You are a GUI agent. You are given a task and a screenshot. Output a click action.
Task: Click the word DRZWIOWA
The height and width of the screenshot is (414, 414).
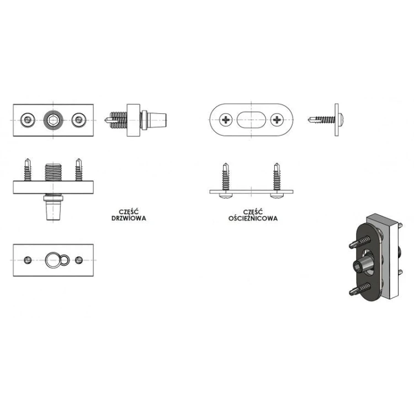[x=129, y=219]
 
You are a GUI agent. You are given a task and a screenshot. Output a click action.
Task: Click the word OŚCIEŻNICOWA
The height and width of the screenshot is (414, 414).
[x=253, y=219]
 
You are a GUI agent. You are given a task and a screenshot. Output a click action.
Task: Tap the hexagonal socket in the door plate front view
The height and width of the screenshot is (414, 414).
[x=53, y=120]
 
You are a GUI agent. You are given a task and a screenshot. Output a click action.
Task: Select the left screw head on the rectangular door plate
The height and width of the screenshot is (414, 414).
[x=28, y=120]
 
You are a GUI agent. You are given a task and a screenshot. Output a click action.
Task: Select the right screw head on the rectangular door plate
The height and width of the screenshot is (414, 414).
[x=79, y=120]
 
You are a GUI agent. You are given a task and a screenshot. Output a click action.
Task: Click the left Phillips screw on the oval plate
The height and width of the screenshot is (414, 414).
[x=226, y=120]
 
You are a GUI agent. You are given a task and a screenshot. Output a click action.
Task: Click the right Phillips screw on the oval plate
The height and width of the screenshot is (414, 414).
[x=277, y=120]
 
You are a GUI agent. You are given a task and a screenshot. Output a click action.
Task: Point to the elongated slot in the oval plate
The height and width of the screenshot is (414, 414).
[x=251, y=120]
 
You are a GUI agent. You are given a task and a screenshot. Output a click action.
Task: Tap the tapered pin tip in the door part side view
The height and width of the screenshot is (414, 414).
[x=157, y=120]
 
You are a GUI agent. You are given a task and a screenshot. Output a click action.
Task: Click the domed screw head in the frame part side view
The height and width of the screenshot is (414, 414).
[x=341, y=120]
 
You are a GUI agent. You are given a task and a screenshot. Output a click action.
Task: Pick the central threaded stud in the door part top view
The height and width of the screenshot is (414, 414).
[x=53, y=172]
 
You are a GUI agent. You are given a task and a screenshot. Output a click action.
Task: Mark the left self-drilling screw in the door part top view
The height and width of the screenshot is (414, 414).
[x=28, y=169]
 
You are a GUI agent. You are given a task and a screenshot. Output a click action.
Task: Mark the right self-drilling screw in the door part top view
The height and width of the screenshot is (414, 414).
[x=79, y=169]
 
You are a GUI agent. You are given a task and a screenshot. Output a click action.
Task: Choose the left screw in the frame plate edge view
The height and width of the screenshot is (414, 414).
[x=225, y=180]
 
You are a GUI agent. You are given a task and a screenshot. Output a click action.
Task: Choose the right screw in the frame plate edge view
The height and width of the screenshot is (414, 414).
[x=277, y=180]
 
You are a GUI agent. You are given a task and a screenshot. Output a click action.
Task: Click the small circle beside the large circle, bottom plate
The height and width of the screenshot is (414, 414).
[x=65, y=260]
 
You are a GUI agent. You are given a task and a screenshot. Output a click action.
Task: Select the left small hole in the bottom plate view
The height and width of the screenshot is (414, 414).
[x=28, y=260]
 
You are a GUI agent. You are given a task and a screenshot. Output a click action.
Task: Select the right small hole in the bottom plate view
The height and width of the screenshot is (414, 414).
[x=79, y=260]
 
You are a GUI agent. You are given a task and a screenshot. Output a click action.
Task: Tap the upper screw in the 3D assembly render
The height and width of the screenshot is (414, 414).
[x=360, y=242]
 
